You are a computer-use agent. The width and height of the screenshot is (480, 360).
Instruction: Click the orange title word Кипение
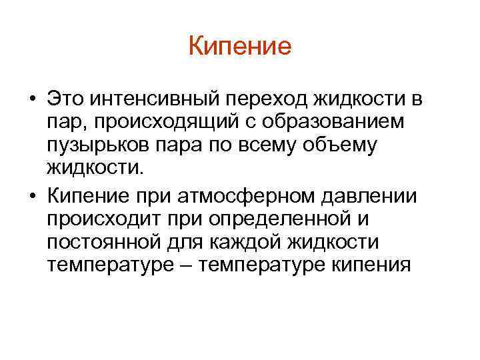tap(240, 47)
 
